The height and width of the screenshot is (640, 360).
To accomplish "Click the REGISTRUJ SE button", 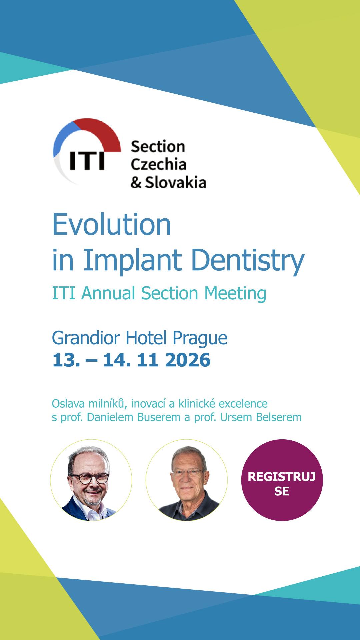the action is (282, 480).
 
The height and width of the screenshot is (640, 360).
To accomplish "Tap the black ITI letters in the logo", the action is (87, 161).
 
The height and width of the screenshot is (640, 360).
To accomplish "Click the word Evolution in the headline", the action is (112, 224).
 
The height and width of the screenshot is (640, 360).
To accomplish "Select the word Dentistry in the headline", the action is (248, 261).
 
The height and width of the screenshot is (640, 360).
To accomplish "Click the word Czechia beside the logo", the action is (158, 164).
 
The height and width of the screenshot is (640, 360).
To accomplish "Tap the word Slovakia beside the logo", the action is (176, 182).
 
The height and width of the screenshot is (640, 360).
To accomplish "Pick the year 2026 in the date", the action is (188, 360).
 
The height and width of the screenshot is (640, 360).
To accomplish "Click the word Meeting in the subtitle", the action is (235, 294).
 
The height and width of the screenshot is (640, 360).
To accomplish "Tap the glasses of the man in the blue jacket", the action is (89, 479).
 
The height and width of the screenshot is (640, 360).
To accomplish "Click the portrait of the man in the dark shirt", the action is (187, 480).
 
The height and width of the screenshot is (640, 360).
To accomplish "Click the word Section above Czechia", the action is (158, 147).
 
